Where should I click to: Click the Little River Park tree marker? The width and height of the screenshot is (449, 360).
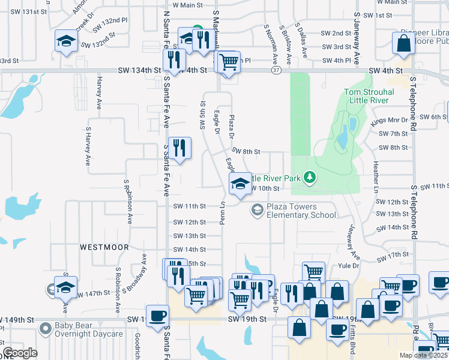(310, 177)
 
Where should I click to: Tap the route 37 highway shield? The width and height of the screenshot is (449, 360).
(276, 71)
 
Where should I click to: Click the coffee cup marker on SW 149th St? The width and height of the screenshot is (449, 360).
(157, 316)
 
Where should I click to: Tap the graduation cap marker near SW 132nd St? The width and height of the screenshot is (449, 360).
(65, 40)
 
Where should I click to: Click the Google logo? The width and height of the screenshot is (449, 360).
(20, 353)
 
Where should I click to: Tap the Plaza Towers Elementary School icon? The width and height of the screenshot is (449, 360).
(257, 209)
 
